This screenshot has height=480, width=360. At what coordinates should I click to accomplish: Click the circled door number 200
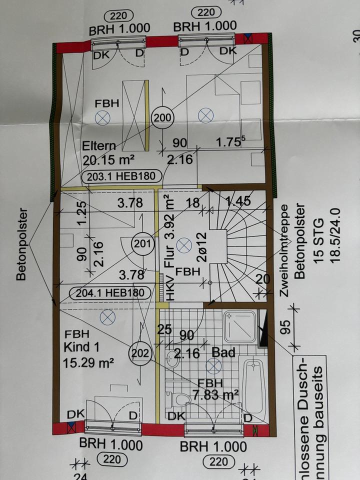[162, 118]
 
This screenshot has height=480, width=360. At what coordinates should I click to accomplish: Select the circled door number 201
[141, 244]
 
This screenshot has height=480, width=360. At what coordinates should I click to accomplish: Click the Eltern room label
[99, 146]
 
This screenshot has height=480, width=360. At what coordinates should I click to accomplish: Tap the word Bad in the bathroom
[223, 353]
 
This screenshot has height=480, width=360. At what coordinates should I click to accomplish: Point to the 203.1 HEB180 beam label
[122, 176]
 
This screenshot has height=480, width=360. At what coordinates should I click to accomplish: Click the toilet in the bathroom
[178, 399]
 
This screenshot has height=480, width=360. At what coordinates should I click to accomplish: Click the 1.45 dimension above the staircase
[238, 202]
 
